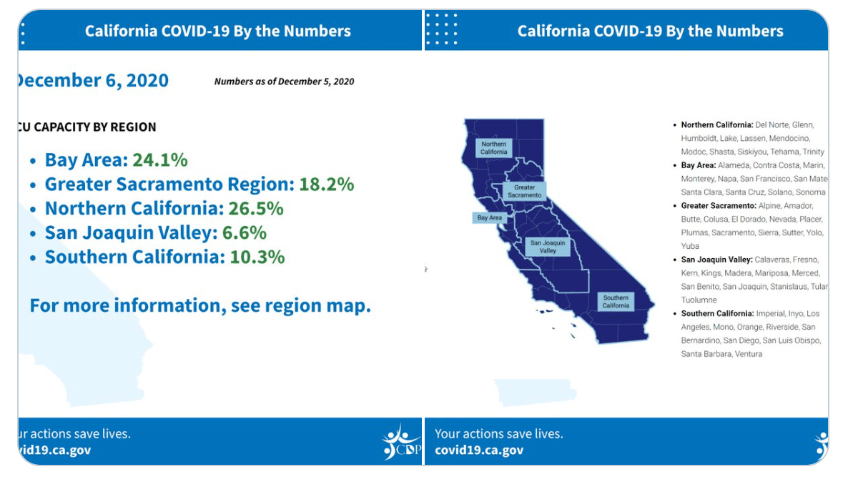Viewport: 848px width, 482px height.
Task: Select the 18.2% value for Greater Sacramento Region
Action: pos(326,184)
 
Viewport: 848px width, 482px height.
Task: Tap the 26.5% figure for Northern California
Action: pos(256,208)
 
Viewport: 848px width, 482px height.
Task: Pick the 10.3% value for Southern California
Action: pos(257,257)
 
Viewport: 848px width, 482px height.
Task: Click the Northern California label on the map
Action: pos(493,148)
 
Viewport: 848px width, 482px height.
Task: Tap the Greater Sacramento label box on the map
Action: pos(524,191)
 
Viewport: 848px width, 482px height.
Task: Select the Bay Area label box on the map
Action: pos(490,217)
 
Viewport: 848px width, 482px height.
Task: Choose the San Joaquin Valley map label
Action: pos(548,247)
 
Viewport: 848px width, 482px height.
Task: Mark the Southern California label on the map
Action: pos(615,301)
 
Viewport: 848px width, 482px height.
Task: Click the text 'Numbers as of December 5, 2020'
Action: pos(284,82)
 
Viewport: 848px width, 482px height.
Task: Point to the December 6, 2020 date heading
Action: pos(92,80)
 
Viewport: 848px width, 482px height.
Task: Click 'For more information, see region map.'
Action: pos(200,305)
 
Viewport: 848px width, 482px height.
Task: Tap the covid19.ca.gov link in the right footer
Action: pos(478,450)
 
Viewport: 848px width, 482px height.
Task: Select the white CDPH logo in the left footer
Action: pos(402,441)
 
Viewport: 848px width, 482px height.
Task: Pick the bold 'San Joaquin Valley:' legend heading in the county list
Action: pos(716,260)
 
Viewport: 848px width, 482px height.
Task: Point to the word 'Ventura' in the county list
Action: pos(748,354)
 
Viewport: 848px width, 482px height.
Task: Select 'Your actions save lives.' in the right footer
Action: pos(498,433)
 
